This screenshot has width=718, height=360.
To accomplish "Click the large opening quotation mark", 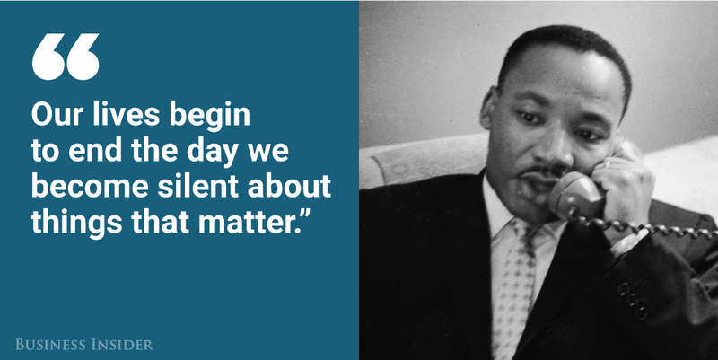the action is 66,57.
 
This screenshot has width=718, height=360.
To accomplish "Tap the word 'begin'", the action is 210,117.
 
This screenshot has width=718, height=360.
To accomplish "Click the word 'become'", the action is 90,186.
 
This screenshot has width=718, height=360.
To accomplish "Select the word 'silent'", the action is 198,186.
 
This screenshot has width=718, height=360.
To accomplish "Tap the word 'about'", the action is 289,186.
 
